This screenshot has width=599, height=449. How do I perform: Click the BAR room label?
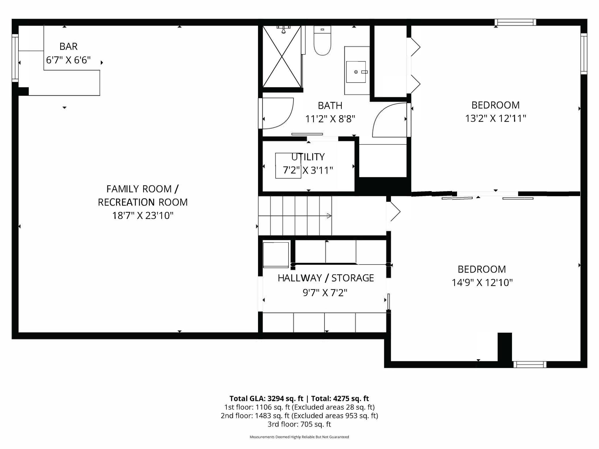[x=68, y=46]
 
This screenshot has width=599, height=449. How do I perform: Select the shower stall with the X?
[x=282, y=56]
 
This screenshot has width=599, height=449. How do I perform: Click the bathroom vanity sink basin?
[x=356, y=72]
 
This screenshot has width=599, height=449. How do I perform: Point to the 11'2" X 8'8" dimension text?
[x=330, y=119]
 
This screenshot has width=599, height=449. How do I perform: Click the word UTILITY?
[x=308, y=157]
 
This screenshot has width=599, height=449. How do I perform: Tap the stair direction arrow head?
[x=329, y=216]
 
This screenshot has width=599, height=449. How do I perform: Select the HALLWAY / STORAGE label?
[x=326, y=278]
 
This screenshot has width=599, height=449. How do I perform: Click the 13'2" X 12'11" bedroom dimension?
[x=495, y=118]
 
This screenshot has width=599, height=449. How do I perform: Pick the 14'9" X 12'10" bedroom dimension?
[x=482, y=283]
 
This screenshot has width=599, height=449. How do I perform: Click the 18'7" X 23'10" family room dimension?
[x=143, y=215]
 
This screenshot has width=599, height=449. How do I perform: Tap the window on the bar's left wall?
[x=15, y=58]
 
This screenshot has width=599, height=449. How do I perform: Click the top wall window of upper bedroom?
[x=515, y=22]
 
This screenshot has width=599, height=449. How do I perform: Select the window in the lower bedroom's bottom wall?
[x=530, y=365]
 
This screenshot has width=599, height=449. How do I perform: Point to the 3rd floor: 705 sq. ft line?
[x=299, y=424]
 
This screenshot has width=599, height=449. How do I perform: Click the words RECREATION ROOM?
[x=143, y=202]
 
